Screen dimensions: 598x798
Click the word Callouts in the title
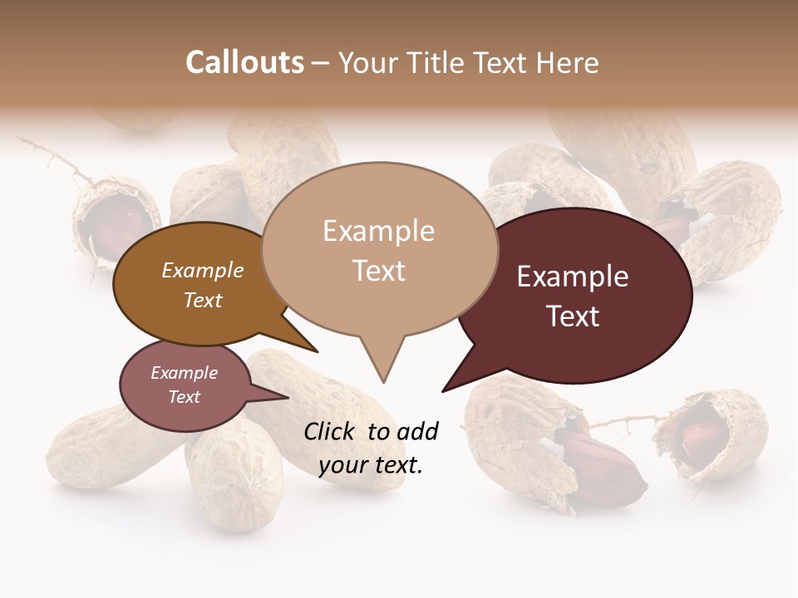coord(245,62)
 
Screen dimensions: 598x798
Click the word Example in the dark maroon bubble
coord(573,277)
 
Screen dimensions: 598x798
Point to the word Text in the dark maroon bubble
coord(573,316)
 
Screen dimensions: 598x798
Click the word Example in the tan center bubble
coord(378,231)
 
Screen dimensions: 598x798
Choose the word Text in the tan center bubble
coord(378,271)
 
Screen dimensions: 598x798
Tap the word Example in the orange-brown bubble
coord(203,270)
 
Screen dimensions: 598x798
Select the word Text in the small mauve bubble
coord(185,397)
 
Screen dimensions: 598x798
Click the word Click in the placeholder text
coord(330,431)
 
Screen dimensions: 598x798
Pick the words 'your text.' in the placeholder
coord(371,465)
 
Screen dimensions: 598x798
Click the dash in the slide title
coord(322,62)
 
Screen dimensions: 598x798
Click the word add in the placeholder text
coord(416,431)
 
